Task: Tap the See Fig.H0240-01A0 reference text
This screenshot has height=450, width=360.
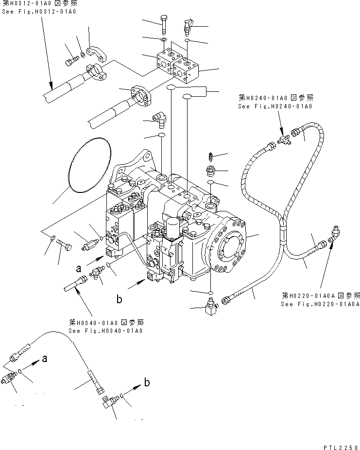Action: [x=275, y=106]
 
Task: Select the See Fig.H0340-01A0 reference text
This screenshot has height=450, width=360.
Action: [x=105, y=330]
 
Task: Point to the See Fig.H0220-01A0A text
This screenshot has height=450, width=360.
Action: [x=320, y=304]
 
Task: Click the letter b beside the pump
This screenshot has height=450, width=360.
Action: [x=119, y=300]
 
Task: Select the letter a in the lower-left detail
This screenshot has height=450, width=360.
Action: [x=45, y=359]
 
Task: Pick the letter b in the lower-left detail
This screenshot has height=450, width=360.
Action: [x=146, y=383]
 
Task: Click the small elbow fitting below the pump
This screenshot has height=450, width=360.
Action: [x=210, y=308]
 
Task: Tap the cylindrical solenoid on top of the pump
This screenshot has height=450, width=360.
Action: [x=173, y=228]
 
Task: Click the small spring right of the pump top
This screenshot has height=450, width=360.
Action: [x=210, y=157]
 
